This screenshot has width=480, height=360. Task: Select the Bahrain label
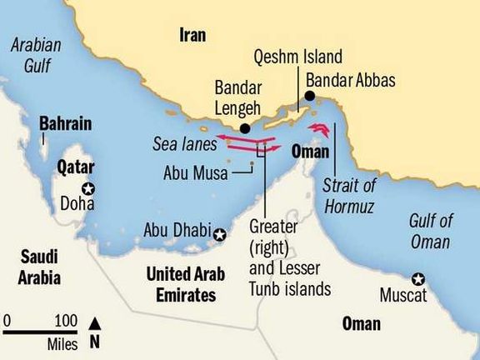coord(63,124)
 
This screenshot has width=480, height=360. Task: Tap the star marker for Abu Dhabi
coord(219,237)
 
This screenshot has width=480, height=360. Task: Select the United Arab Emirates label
coord(181,283)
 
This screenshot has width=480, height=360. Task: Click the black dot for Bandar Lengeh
coord(245,128)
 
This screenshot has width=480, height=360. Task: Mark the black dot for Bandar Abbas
coord(310,97)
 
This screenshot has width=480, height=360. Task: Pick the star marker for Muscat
coord(418,278)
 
